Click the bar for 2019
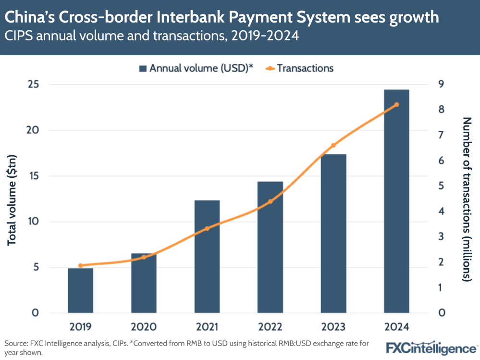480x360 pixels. click(x=80, y=290)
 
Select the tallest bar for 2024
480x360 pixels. click(x=396, y=202)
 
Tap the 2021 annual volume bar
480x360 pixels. click(x=207, y=257)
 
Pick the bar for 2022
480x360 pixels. click(x=270, y=248)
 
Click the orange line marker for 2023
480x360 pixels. click(x=333, y=145)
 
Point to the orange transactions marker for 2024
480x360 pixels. click(x=396, y=105)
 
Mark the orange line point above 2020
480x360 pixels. click(x=144, y=257)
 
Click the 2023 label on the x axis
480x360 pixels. click(x=333, y=327)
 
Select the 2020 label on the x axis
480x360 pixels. click(x=144, y=327)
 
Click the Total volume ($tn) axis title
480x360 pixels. click(x=12, y=199)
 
